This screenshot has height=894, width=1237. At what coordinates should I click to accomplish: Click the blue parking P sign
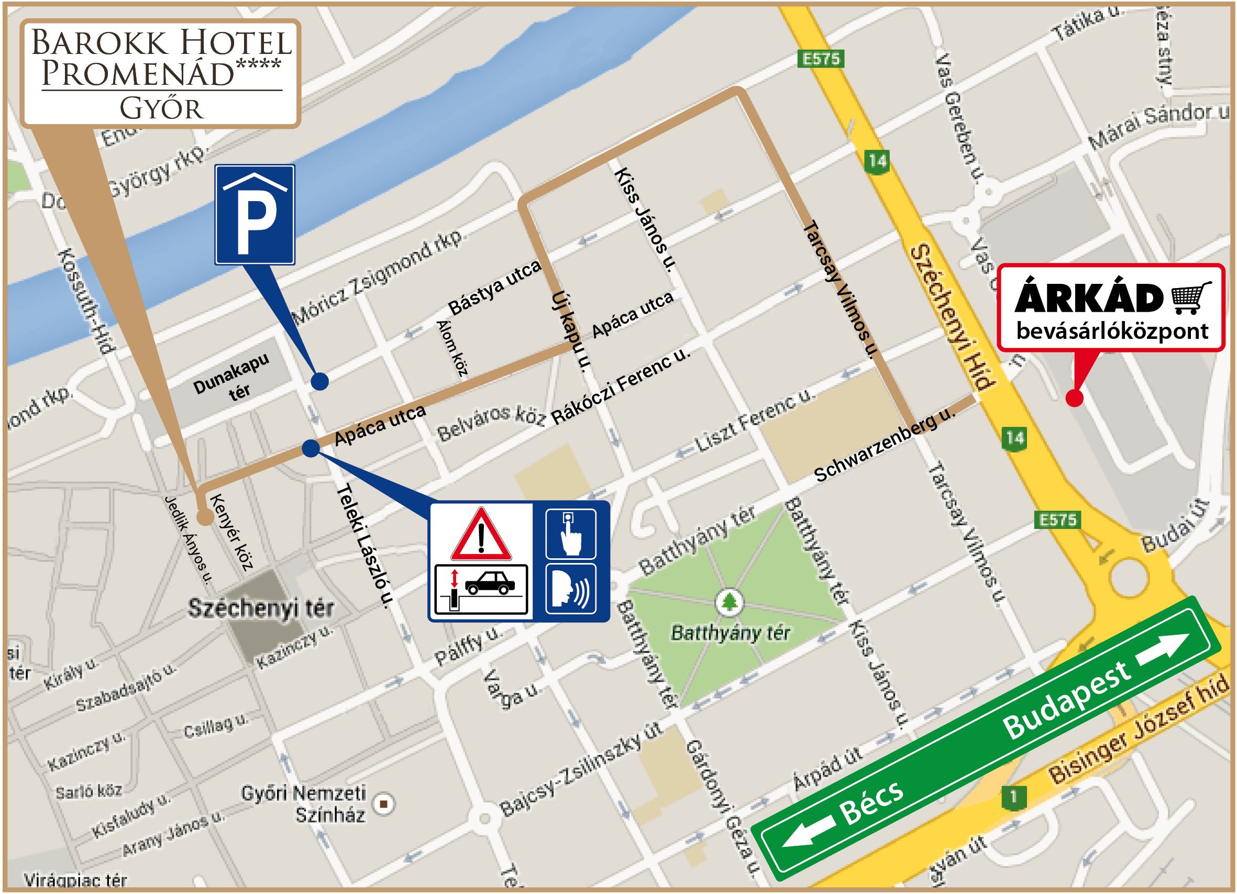tap(255, 214)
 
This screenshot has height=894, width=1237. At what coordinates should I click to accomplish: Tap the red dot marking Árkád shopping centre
tap(1075, 398)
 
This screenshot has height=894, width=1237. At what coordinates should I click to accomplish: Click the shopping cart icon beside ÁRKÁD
tap(1192, 297)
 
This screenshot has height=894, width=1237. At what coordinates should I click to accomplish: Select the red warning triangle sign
tap(481, 535)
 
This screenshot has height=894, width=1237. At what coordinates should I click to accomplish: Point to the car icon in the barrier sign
tap(489, 584)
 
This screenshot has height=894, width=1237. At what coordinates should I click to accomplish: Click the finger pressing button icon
tap(570, 534)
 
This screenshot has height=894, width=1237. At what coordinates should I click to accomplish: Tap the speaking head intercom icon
tap(570, 589)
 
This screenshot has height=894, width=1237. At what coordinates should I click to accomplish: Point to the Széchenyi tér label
tap(261, 608)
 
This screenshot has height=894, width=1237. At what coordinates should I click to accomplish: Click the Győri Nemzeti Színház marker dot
tap(384, 803)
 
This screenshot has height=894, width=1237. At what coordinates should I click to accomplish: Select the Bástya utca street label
tap(494, 288)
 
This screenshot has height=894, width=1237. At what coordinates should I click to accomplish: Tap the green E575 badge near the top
tap(821, 59)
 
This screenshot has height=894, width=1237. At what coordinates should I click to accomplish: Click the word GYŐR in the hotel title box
tap(161, 108)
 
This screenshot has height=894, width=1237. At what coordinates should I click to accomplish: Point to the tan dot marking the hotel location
tap(205, 517)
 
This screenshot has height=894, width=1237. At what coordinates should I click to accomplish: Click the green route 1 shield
tap(1013, 798)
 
